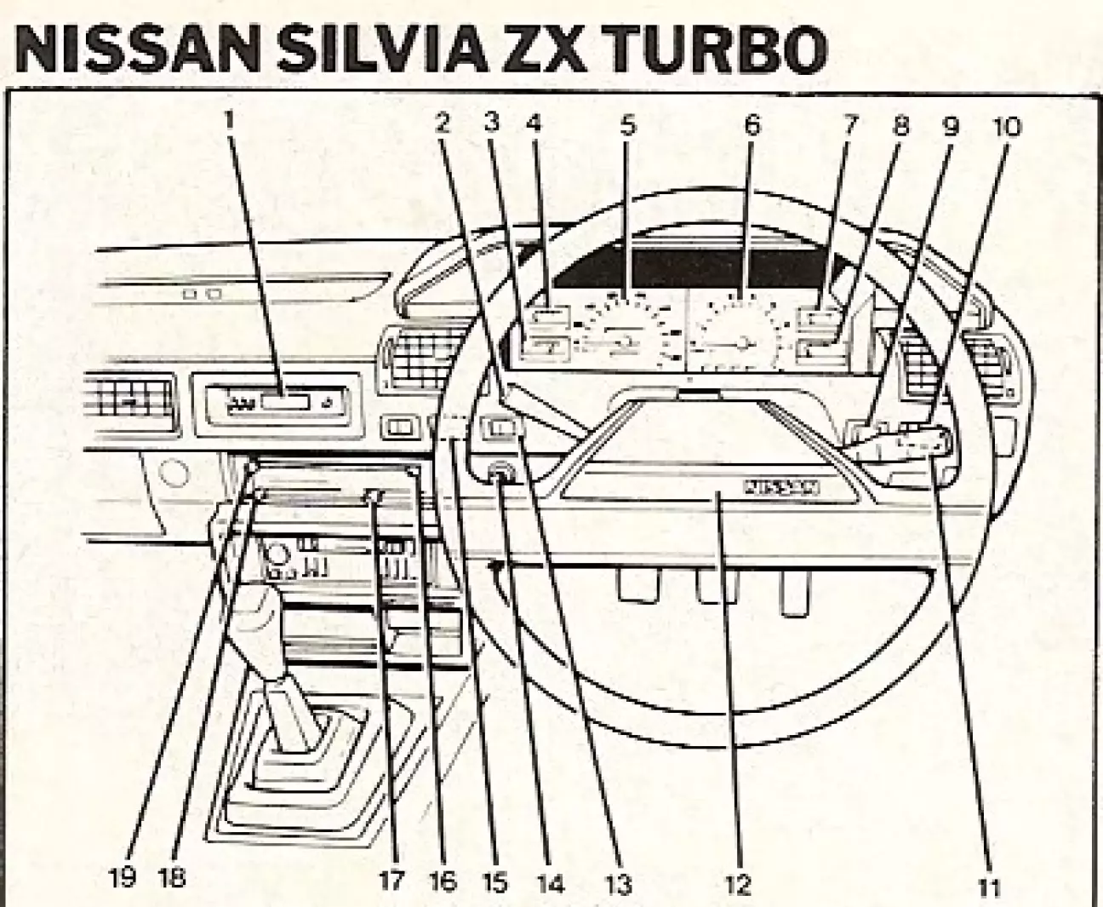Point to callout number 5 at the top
627,126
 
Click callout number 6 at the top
751,126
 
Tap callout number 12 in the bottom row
739,885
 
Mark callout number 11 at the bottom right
987,887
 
